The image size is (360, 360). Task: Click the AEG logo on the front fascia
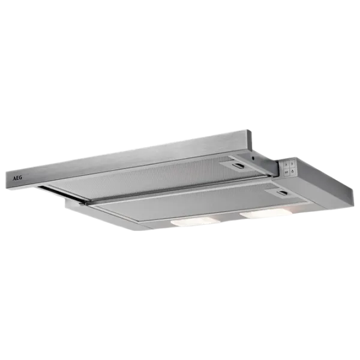click(x=17, y=178)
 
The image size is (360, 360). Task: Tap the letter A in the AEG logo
click(x=14, y=179)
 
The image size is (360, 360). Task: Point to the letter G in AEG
click(x=20, y=178)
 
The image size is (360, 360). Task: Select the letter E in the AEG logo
click(x=17, y=178)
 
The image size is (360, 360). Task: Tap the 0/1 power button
click(x=287, y=172)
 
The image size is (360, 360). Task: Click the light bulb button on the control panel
click(x=293, y=171)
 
